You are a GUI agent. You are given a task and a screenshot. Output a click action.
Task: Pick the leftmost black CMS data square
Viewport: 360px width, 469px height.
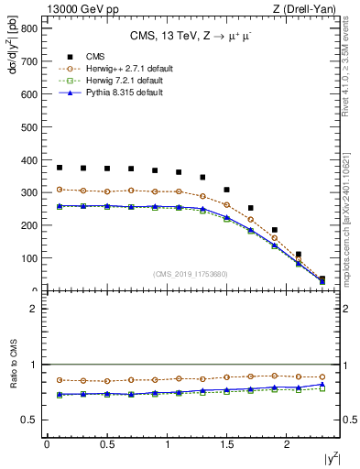(60, 168)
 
